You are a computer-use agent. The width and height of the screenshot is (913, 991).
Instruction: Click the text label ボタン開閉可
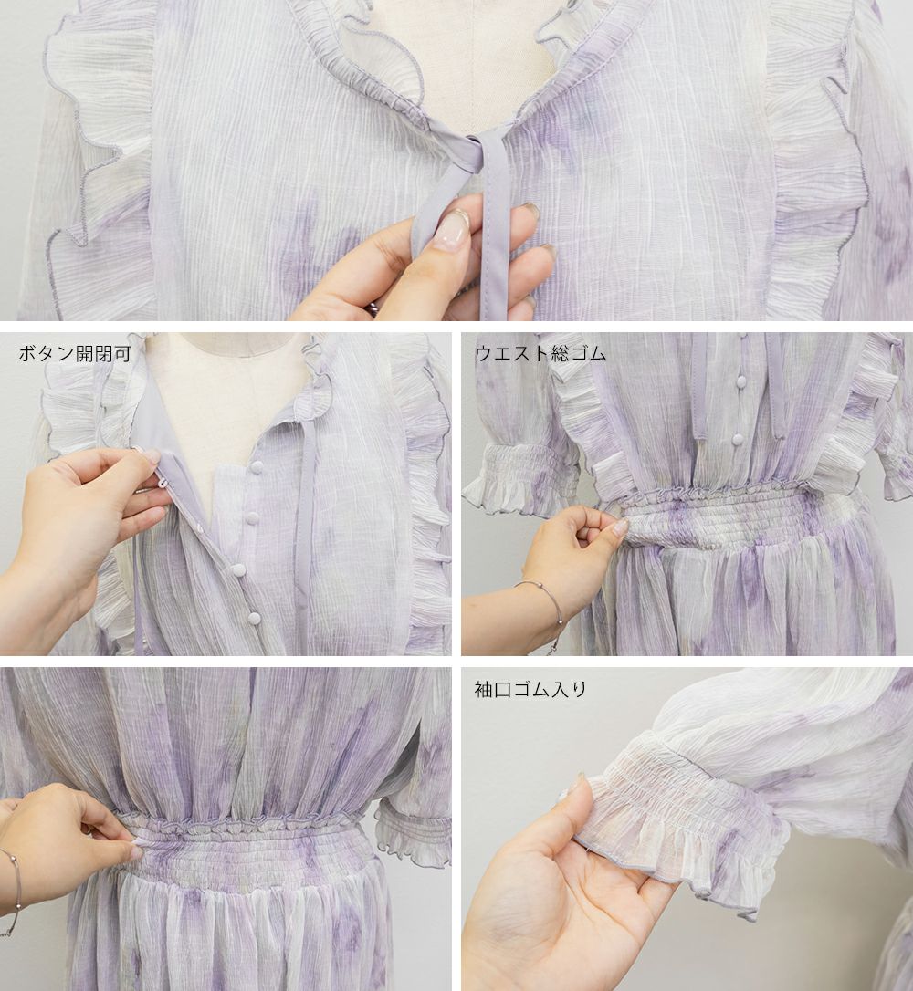click(x=75, y=353)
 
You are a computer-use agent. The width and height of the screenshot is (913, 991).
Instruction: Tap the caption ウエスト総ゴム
click(x=540, y=353)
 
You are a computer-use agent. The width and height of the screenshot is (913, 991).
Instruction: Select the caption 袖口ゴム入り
click(x=530, y=689)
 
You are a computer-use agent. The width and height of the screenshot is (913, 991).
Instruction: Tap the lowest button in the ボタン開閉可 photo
click(x=254, y=618)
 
